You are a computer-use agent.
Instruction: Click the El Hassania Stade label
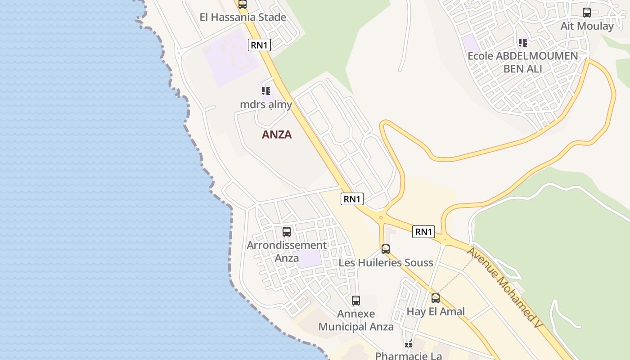243,18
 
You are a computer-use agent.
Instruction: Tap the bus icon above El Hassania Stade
243,4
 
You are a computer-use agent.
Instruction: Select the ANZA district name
277,135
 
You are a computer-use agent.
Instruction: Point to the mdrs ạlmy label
266,105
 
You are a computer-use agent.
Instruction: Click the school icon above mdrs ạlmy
266,91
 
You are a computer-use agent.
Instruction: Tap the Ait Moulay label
587,26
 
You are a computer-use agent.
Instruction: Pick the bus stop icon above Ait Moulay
587,13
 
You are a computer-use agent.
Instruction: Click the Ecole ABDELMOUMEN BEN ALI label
523,62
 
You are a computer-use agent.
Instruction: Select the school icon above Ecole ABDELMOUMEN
522,43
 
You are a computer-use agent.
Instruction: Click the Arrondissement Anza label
287,252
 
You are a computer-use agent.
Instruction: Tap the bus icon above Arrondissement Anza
287,232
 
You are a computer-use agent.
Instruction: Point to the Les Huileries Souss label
386,263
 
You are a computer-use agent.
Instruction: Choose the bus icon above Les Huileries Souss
386,249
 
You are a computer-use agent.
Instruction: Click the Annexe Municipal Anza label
356,320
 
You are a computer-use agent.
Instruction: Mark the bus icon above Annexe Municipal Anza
356,301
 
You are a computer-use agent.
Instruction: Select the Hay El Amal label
436,311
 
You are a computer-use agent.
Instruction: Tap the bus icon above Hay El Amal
436,298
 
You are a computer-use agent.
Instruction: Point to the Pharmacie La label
409,356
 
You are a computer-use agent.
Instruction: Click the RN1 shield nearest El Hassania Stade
260,45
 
